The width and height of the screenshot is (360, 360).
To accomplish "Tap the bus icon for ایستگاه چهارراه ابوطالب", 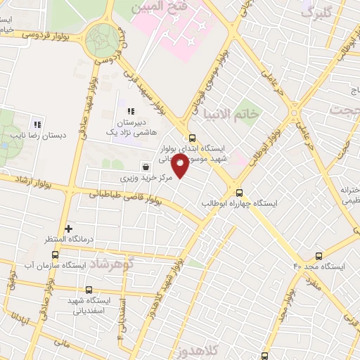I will (239, 191).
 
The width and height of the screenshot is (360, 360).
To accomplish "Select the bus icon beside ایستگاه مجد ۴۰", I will (319, 256).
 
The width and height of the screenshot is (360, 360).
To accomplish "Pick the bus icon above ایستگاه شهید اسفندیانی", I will (89, 289).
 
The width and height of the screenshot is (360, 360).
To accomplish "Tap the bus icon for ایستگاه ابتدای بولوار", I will (191, 138).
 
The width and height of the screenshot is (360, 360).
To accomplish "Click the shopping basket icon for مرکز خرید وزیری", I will (145, 167).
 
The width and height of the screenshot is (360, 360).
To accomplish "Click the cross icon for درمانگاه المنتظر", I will (68, 229).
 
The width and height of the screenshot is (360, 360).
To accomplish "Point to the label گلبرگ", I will (316, 12).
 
